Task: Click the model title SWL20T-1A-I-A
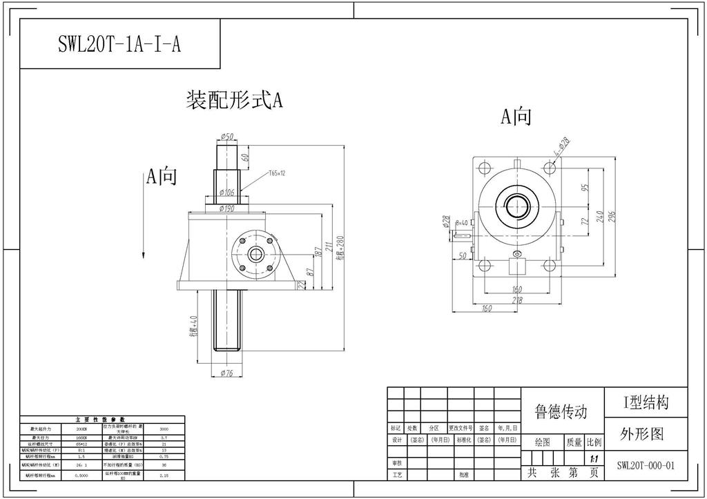pos(119,44)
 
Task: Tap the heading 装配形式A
pos(234,101)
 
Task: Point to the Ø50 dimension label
pos(226,136)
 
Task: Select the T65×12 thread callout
pos(273,173)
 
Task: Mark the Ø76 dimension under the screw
pos(226,373)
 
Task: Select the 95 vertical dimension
pos(585,187)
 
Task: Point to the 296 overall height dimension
pos(612,217)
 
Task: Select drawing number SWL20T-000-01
pos(646,465)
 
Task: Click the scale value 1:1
pos(594,458)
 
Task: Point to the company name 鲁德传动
pos(561,412)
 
